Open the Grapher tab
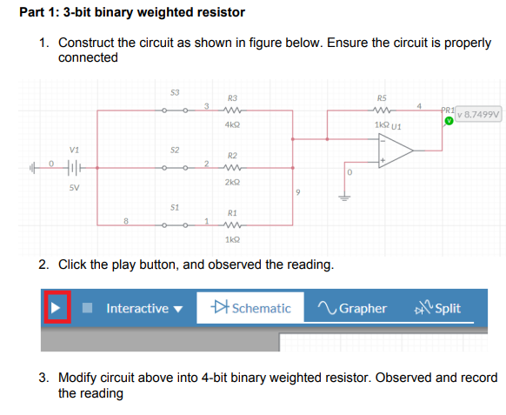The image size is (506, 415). click(353, 308)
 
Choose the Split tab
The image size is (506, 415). click(439, 308)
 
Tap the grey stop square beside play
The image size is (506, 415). click(88, 308)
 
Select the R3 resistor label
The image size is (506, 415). click(232, 97)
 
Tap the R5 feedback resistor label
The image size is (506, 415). click(381, 97)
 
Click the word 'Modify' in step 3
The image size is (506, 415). click(77, 378)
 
